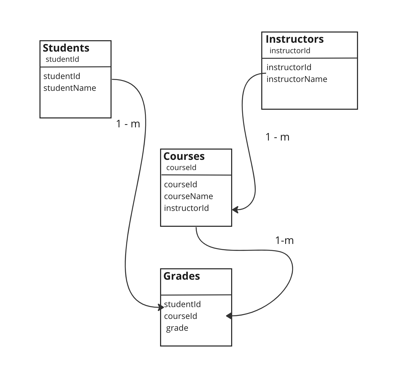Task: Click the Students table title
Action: point(66,48)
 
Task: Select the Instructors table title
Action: point(295,39)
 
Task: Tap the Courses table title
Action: point(184,156)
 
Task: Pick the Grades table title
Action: point(182,276)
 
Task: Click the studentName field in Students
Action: point(70,88)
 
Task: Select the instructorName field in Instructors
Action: point(297,79)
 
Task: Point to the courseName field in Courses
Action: point(188,196)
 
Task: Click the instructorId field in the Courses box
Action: point(186,208)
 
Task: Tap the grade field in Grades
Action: point(177,328)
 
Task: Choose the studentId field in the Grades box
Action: point(182,304)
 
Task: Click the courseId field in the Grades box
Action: point(180,316)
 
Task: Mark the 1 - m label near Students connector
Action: point(128,124)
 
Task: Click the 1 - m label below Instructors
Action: point(277,137)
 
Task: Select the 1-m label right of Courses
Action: point(284,240)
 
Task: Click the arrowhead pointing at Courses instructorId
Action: point(235,210)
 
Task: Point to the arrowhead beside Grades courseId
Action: point(229,316)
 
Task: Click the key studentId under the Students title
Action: point(62,59)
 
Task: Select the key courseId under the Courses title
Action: point(181,168)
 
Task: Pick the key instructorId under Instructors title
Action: point(290,51)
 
